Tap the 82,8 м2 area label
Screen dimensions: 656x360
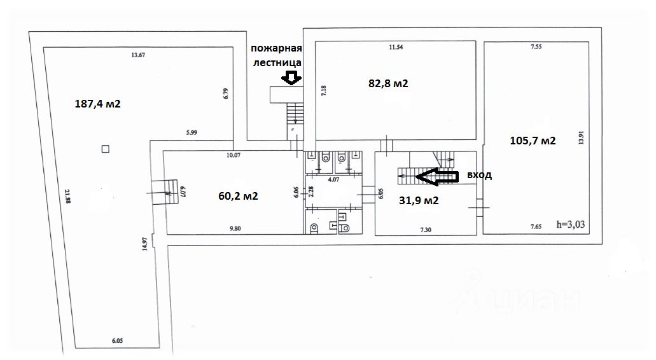click(x=388, y=83)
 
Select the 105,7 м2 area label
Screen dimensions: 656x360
click(x=533, y=141)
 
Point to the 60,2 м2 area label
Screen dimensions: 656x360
click(x=238, y=196)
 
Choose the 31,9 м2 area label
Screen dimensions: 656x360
click(x=419, y=200)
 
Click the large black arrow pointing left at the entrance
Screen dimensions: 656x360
click(x=440, y=177)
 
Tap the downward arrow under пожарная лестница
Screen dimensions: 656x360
click(x=291, y=78)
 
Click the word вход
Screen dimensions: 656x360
click(x=478, y=175)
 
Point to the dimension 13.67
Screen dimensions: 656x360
click(x=138, y=55)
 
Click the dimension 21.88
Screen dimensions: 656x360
click(x=67, y=193)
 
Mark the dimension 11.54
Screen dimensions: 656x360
click(x=396, y=47)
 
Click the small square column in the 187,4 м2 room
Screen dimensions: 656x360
click(x=105, y=149)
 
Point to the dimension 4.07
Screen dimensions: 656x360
click(x=333, y=180)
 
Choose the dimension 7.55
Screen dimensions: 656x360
click(x=535, y=47)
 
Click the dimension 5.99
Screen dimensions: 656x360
click(x=193, y=132)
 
